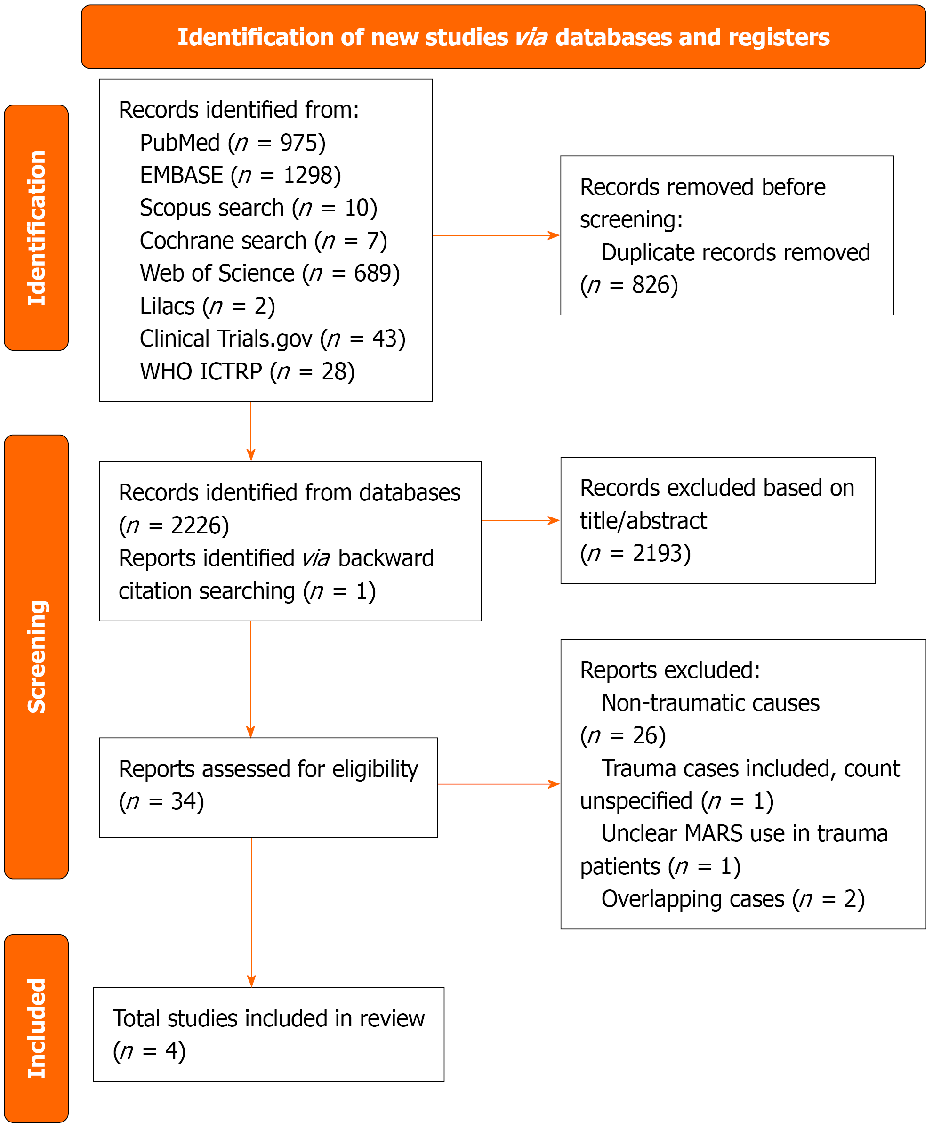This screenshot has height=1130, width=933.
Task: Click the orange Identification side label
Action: pyautogui.click(x=37, y=228)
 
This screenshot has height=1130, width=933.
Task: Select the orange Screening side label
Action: pyautogui.click(x=37, y=657)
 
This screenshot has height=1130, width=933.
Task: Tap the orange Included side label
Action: pyautogui.click(x=37, y=1028)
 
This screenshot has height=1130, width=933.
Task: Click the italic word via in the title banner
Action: pyautogui.click(x=531, y=37)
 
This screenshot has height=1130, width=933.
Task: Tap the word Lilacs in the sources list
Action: pyautogui.click(x=167, y=307)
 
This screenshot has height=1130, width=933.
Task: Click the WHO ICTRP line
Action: pyautogui.click(x=247, y=371)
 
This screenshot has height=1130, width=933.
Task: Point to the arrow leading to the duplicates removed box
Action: pyautogui.click(x=496, y=235)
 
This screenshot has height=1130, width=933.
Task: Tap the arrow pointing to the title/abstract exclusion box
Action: pyautogui.click(x=521, y=520)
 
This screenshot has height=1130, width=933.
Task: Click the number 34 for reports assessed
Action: pyautogui.click(x=183, y=801)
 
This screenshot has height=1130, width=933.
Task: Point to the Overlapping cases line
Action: pyautogui.click(x=733, y=899)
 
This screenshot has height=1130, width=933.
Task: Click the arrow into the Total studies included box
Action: pyautogui.click(x=251, y=912)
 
